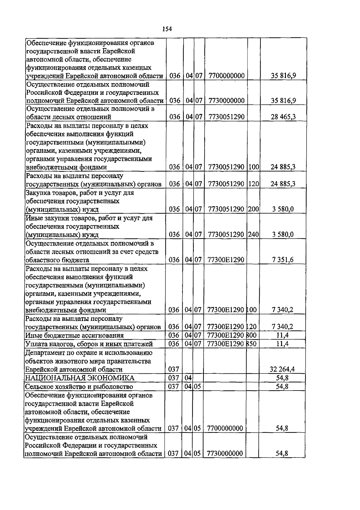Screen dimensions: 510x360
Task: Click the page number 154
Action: click(167, 29)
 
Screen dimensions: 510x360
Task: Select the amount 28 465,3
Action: click(283, 117)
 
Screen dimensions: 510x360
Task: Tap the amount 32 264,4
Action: click(282, 369)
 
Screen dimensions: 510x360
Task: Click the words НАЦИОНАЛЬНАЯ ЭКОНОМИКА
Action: click(79, 378)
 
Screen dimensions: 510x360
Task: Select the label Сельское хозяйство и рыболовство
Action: click(79, 387)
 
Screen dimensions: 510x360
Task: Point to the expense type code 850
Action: click(252, 344)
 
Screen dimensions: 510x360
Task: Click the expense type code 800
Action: click(252, 335)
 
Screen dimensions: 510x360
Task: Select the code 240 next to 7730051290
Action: click(253, 234)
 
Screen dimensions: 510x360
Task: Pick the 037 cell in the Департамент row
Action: click(174, 369)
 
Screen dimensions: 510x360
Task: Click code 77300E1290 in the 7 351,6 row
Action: click(226, 260)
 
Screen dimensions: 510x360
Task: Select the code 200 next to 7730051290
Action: click(253, 209)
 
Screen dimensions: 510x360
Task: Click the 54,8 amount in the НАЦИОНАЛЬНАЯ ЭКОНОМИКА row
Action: click(282, 378)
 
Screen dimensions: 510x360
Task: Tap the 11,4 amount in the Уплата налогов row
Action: click(282, 344)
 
